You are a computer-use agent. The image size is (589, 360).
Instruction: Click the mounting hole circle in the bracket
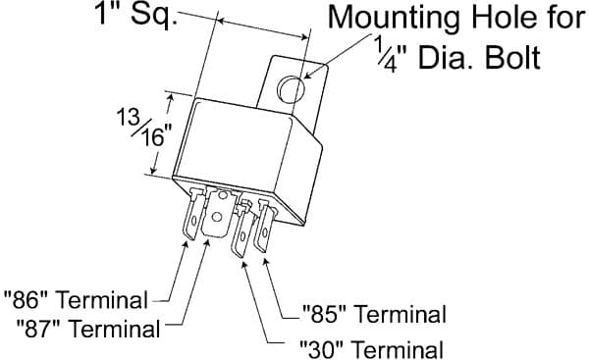click(290, 89)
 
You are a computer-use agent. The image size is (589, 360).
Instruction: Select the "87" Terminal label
click(87, 328)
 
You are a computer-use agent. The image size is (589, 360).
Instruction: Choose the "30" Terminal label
click(371, 349)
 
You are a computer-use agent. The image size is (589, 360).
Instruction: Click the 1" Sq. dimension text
click(136, 17)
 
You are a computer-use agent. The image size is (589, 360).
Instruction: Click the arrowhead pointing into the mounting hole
click(307, 74)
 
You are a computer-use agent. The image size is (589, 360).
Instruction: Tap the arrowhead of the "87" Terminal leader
click(206, 244)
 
